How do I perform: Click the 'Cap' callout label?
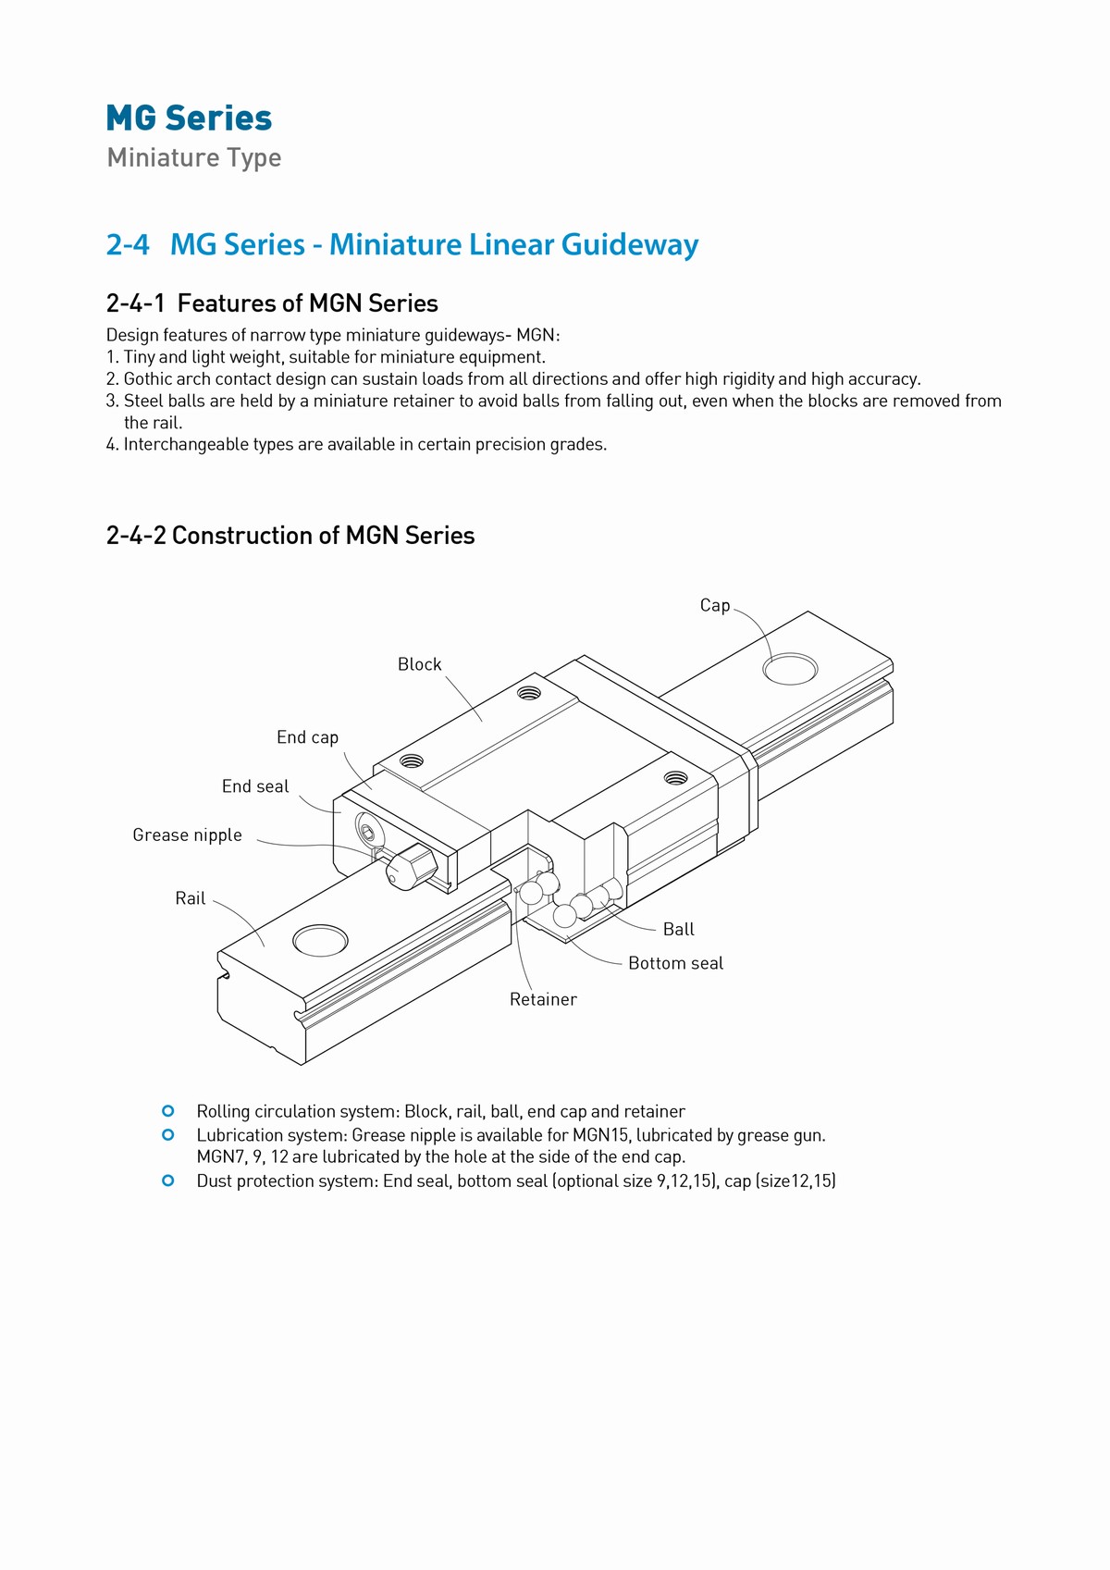click(714, 606)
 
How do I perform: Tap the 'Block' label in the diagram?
click(419, 664)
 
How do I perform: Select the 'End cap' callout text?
click(307, 737)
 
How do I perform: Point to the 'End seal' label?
click(255, 786)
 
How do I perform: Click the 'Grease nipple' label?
click(187, 835)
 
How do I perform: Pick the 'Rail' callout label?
click(190, 898)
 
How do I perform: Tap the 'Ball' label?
click(678, 930)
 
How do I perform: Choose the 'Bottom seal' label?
click(675, 963)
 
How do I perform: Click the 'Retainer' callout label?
click(543, 999)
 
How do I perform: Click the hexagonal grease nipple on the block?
click(412, 867)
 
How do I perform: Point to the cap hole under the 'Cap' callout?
click(790, 668)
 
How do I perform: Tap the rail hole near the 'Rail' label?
click(320, 940)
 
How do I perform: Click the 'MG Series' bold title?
click(189, 118)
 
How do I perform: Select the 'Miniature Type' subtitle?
click(194, 157)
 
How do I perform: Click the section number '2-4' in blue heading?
click(128, 244)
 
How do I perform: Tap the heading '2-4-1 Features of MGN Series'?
click(272, 303)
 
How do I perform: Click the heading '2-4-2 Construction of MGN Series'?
click(290, 536)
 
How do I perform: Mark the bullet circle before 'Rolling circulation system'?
click(168, 1111)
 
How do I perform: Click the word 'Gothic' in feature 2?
click(149, 379)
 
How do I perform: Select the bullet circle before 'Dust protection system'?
click(168, 1181)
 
